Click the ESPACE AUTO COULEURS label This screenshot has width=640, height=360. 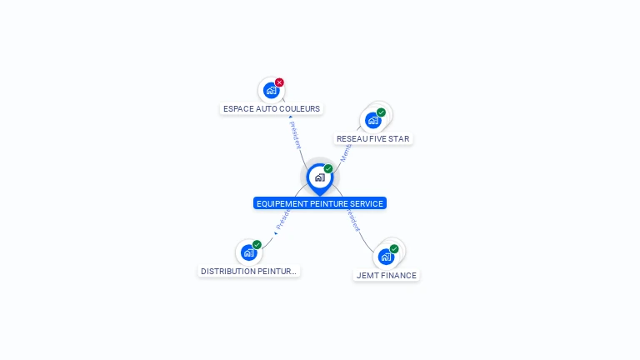[272, 109]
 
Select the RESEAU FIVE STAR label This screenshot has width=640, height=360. [372, 139]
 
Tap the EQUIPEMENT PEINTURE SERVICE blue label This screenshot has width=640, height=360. [320, 203]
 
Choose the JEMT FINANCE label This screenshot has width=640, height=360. [386, 276]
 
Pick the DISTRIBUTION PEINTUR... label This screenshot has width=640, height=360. [248, 272]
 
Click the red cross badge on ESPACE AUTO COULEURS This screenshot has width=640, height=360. [279, 82]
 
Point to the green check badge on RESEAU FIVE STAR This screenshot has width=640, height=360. [381, 112]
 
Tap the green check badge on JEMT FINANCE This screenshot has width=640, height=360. [394, 249]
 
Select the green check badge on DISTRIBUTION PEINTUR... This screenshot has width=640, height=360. [257, 245]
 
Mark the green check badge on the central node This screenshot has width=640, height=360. [328, 169]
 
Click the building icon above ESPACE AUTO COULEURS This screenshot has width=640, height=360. [271, 90]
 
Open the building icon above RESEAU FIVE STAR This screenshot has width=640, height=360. [372, 120]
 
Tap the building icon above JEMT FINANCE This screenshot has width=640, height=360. [386, 257]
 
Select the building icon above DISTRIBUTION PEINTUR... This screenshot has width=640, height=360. [248, 252]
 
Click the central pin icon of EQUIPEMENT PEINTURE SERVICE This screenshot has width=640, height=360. [319, 177]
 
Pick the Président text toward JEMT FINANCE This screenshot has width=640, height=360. [352, 219]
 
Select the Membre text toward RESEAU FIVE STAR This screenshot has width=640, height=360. [345, 152]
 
